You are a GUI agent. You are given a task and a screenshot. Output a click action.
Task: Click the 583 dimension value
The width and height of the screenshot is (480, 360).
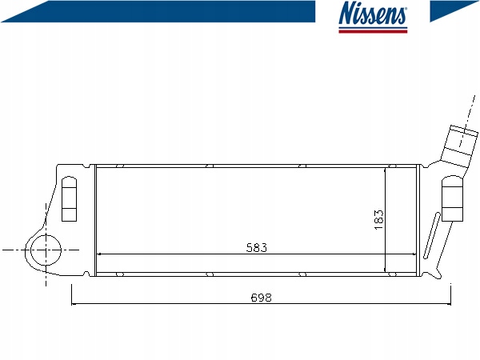257,248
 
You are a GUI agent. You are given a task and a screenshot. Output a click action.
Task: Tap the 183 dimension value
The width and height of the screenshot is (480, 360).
378,220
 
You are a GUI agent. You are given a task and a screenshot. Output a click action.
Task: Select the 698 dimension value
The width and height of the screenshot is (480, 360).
261,298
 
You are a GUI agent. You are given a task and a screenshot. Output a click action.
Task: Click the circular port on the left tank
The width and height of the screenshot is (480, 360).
46,250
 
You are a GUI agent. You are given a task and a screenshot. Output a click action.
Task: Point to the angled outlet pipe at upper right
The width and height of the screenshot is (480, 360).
459,146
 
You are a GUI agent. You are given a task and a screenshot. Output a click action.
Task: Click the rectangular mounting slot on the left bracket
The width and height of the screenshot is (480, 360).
69,198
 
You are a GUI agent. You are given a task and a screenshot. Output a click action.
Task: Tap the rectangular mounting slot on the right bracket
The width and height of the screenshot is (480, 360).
452,198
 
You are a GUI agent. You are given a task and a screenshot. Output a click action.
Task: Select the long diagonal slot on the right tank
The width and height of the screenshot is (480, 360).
432,236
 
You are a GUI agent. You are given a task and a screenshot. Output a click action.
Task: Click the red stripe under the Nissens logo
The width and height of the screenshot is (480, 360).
373,31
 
